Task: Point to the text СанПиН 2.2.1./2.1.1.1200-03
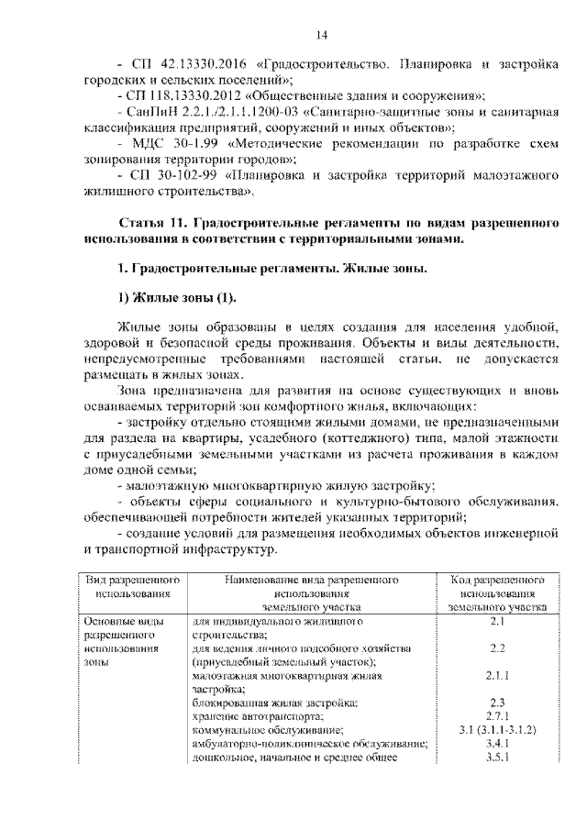pyautogui.click(x=212, y=112)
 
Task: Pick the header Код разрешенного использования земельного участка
pyautogui.click(x=498, y=593)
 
